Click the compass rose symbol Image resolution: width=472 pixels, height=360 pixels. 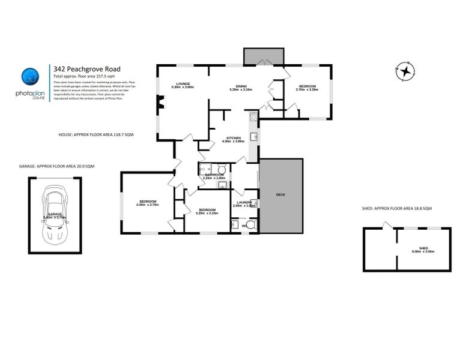click(x=407, y=71)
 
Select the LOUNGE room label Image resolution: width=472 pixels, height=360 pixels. click(x=183, y=84)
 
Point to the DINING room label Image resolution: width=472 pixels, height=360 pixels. click(x=241, y=86)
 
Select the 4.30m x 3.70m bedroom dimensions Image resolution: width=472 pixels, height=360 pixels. click(x=148, y=205)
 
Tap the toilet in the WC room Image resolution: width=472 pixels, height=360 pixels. click(x=250, y=225)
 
